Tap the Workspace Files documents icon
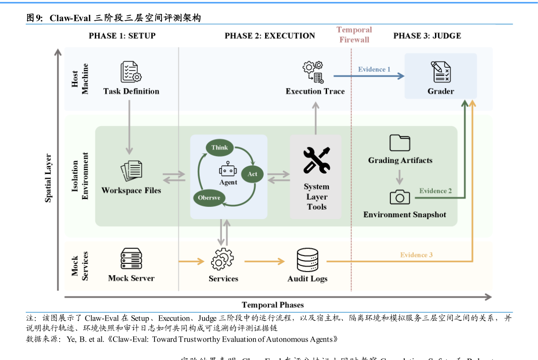[131, 171]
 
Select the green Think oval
[220, 148]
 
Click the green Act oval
[252, 174]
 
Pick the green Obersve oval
[209, 197]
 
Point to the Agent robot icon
[228, 170]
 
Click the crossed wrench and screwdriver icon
[316, 160]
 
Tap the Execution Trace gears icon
[313, 72]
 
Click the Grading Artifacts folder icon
[400, 143]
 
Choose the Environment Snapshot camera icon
[400, 197]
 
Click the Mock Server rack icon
[131, 259]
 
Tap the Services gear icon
[223, 259]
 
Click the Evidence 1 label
[374, 70]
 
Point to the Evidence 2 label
[435, 191]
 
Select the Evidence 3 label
[416, 255]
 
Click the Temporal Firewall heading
[354, 35]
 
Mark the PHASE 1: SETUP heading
[122, 36]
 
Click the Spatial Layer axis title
[48, 178]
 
